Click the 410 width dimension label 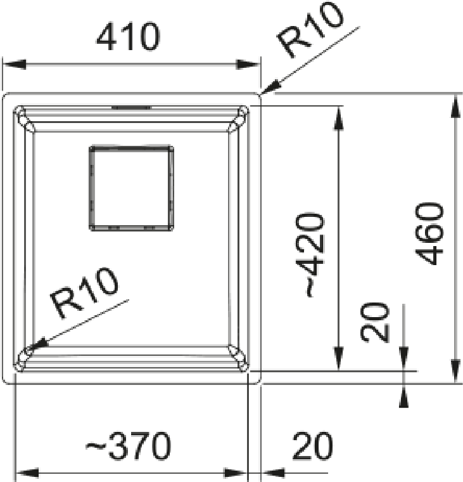129,37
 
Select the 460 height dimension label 429,233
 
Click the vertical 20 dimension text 374,322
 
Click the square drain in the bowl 131,188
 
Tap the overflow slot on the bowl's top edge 131,108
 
